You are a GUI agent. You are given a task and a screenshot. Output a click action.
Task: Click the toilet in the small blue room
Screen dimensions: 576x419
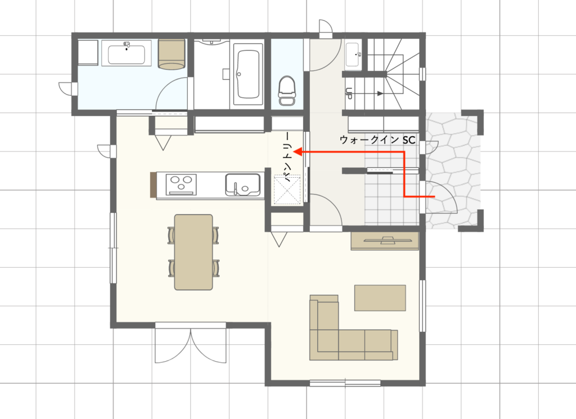287,91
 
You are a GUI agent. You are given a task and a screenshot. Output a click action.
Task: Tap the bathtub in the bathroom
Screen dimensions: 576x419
248,75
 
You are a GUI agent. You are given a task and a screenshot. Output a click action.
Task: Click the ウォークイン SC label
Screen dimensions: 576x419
377,140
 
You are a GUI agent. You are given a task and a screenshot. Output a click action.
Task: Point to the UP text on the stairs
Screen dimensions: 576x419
349,93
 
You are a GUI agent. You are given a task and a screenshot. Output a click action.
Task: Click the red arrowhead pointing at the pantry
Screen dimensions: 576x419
298,152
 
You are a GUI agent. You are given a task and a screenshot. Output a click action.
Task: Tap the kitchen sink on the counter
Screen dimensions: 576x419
243,184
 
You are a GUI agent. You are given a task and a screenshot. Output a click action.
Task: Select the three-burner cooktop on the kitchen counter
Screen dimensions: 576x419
181,184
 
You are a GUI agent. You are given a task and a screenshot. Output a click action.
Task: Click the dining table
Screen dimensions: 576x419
193,253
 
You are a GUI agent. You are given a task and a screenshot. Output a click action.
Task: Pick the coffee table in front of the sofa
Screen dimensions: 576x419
380,298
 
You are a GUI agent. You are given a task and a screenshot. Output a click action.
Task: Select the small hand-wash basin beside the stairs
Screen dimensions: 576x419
353,55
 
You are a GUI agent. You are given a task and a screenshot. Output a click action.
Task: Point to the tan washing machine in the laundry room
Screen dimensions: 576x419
171,55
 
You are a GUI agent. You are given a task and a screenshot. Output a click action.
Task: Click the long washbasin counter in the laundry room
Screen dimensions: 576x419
127,53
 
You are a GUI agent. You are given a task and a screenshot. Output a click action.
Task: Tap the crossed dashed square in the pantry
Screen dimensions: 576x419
287,190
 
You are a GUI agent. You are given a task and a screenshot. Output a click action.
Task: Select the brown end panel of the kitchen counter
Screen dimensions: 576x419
153,184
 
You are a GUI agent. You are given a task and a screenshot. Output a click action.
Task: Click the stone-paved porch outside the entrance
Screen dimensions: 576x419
453,169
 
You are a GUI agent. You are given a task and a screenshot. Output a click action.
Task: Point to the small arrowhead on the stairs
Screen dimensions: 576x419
381,93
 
